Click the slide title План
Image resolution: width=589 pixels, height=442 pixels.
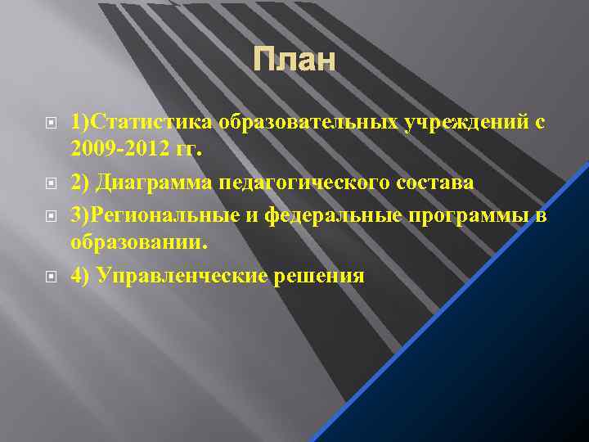[x=294, y=61]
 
